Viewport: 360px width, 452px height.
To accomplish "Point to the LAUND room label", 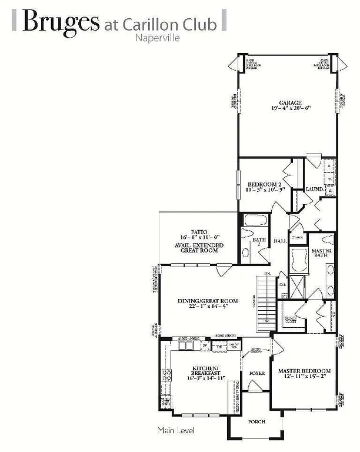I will click(x=314, y=189).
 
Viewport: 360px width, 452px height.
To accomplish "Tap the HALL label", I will click(x=280, y=241).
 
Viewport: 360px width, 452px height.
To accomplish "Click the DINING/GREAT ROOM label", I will click(x=208, y=301).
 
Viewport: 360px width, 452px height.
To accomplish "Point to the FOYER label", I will click(x=256, y=373).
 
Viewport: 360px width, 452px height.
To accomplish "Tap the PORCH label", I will click(x=256, y=421).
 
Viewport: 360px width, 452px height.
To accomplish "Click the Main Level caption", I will click(x=176, y=431).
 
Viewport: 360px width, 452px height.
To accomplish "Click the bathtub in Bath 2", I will click(x=254, y=222).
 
